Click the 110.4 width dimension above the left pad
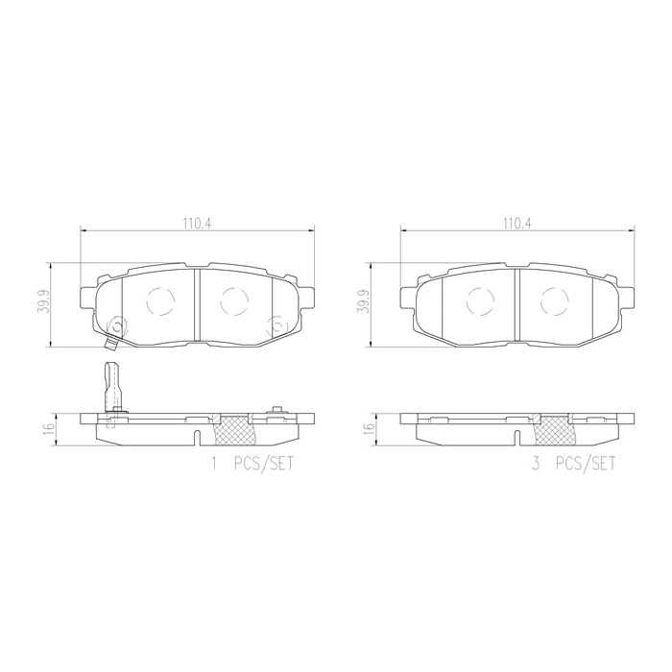click(197, 223)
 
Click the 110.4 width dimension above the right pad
click(517, 223)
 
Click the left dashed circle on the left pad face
click(158, 301)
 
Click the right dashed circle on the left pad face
click(233, 301)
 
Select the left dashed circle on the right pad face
click(480, 301)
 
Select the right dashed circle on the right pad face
click(555, 301)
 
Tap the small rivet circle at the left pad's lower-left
click(115, 325)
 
